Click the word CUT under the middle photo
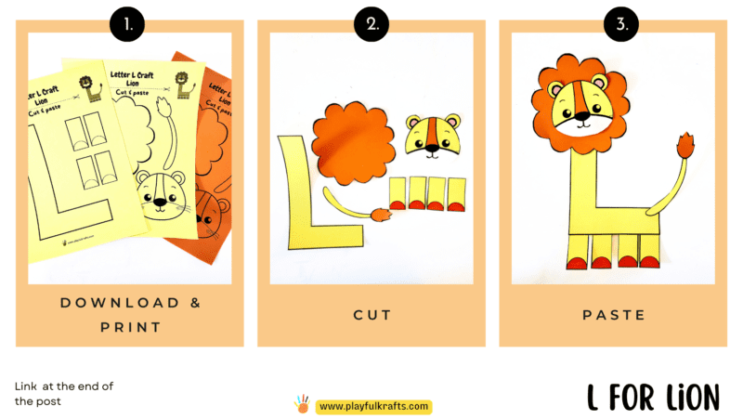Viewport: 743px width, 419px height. (x=371, y=315)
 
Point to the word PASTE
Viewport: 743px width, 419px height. (x=613, y=315)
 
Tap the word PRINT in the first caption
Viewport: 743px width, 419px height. (x=130, y=327)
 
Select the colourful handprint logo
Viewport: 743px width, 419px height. (x=302, y=404)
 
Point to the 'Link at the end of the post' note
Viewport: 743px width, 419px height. (x=64, y=394)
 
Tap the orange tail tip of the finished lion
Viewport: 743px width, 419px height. (x=687, y=146)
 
